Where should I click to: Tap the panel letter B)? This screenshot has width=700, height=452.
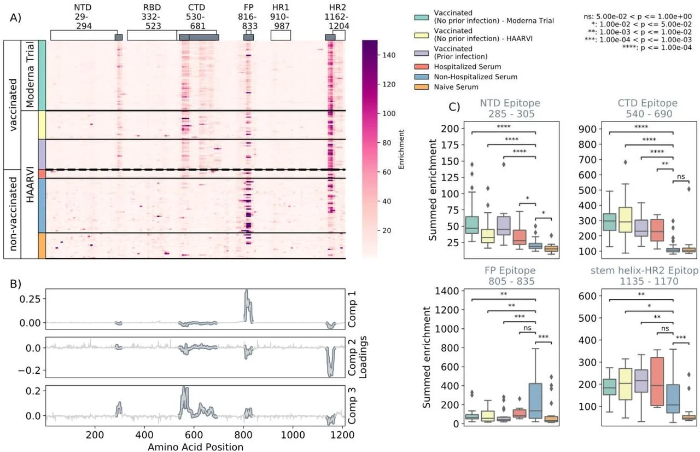(15, 284)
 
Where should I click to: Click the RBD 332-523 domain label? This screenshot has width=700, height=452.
(151, 17)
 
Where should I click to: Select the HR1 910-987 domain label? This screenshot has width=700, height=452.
(281, 17)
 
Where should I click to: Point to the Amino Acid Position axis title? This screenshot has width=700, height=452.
(195, 447)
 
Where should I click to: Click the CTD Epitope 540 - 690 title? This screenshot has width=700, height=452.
(642, 108)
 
